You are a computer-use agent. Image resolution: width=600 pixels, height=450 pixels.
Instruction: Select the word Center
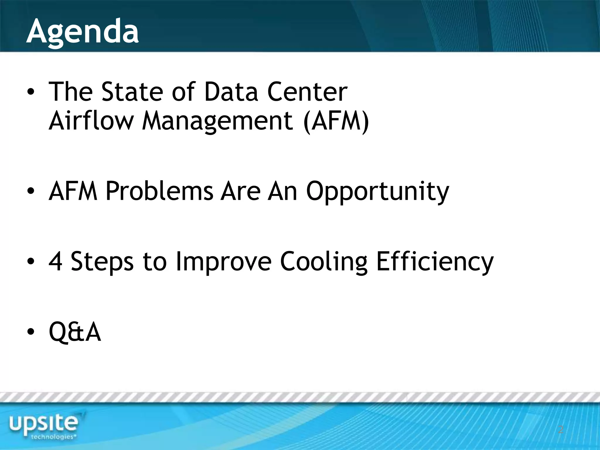click(307, 92)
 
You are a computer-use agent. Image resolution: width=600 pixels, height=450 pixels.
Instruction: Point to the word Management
click(217, 122)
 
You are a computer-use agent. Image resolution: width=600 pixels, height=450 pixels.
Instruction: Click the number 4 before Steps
click(55, 261)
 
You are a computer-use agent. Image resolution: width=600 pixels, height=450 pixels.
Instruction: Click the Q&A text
click(75, 332)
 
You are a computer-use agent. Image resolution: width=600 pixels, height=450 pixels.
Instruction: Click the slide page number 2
click(560, 429)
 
